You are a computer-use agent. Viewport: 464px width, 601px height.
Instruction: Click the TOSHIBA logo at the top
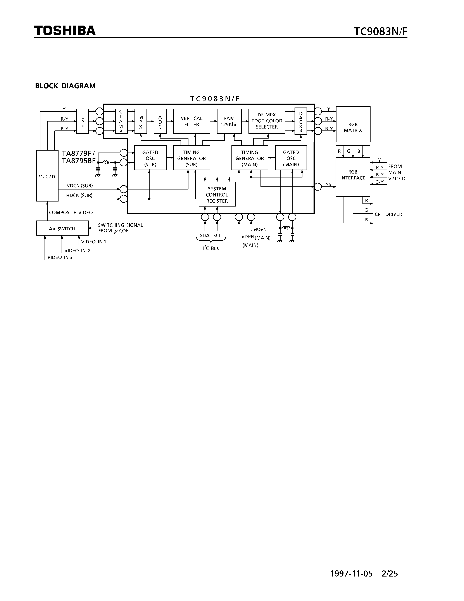[65, 31]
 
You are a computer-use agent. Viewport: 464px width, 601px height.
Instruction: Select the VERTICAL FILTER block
[191, 121]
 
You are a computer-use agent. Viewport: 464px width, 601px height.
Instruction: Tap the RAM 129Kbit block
[229, 121]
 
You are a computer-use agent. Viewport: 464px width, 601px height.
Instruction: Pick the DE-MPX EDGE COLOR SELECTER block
[267, 121]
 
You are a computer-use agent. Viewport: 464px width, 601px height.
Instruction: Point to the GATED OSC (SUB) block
[150, 158]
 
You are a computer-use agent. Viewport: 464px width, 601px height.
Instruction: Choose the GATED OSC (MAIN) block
[291, 158]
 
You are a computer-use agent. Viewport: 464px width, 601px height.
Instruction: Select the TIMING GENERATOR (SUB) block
[191, 158]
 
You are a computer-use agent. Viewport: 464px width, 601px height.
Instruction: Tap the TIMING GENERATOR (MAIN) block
[250, 158]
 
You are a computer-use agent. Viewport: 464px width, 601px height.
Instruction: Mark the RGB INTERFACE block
[353, 177]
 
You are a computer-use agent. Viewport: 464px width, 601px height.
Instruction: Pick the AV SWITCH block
[62, 228]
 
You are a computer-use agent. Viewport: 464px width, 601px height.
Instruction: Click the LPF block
[83, 121]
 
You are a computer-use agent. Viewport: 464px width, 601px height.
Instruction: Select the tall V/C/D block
[47, 176]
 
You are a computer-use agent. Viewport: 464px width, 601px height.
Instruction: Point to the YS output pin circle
[318, 187]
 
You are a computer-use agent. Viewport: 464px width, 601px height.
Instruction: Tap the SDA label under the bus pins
[205, 236]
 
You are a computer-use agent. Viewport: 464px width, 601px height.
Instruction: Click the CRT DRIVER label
[388, 214]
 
